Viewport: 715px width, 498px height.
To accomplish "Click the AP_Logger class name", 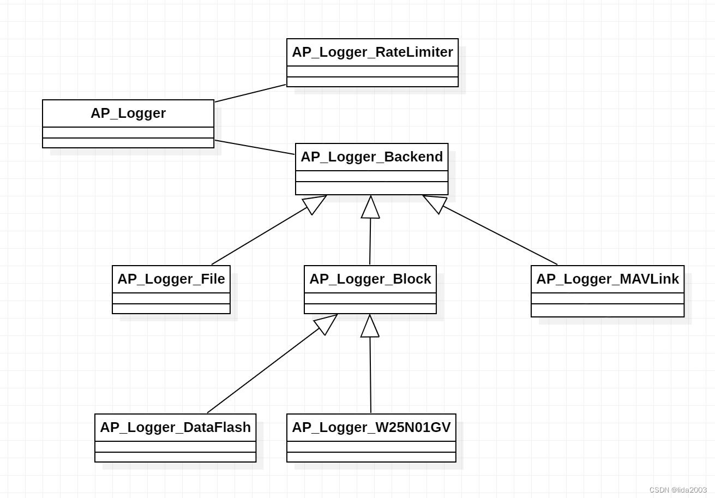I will (x=128, y=113).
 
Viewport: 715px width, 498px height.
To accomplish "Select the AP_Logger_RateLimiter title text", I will (x=372, y=52).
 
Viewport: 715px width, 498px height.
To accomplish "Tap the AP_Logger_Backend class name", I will (x=371, y=157).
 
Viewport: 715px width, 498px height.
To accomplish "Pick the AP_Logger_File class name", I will (x=171, y=279).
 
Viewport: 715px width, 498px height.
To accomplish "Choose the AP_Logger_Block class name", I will (x=370, y=279).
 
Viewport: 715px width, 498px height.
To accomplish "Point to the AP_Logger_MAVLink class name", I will (x=608, y=279).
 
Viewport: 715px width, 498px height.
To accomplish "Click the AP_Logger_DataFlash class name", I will (x=175, y=428).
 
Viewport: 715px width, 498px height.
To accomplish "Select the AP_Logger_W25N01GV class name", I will (x=371, y=428).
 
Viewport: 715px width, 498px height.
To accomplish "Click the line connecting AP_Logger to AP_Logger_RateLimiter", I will (x=250, y=93).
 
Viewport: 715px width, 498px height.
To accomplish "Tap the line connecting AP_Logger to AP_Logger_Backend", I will (x=254, y=147).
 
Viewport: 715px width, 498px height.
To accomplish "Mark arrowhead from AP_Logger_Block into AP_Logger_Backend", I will (x=370, y=208).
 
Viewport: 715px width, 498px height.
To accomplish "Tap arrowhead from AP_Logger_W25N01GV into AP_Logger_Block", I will (x=370, y=327).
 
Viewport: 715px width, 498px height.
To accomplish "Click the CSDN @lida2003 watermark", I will (x=678, y=490).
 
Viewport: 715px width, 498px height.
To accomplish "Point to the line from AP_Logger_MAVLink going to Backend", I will (x=500, y=235).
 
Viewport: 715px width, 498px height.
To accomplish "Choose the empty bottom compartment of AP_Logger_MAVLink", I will (x=608, y=310).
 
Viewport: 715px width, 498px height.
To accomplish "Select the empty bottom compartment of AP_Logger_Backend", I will (x=371, y=188).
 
